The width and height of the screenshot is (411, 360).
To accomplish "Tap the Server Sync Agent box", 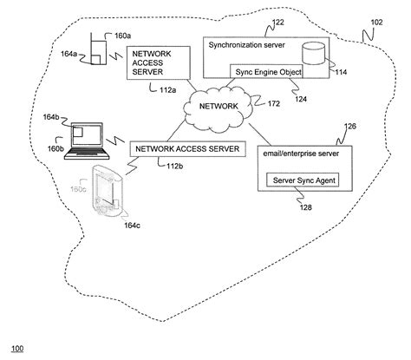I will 300,180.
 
